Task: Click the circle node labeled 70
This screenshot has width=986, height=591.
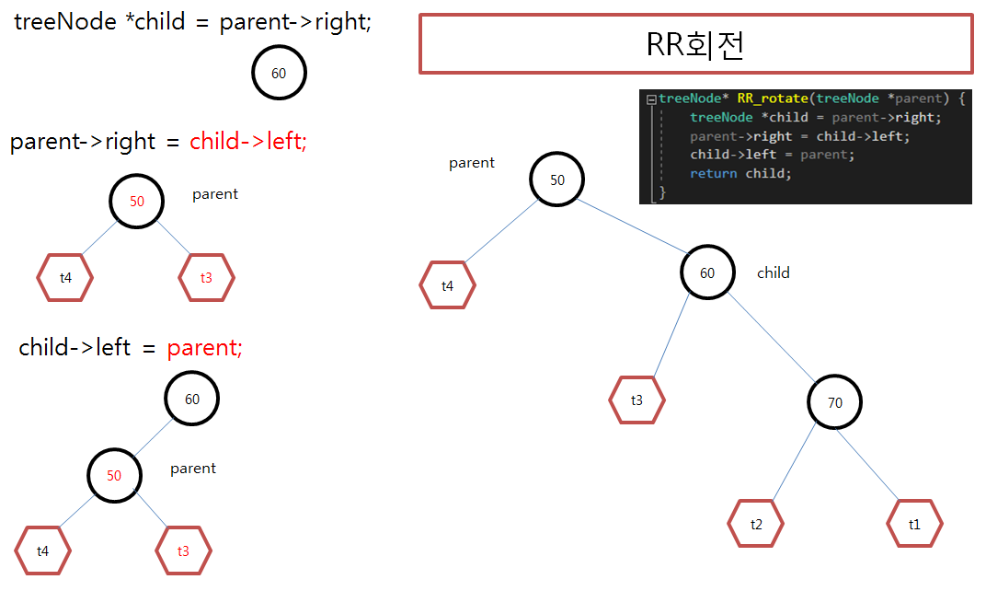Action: coord(835,402)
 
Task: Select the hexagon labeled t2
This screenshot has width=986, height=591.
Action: coord(756,524)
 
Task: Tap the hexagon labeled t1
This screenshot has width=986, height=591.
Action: coord(914,524)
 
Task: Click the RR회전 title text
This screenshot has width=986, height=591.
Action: coord(694,44)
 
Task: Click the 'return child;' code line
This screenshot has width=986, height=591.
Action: coord(740,173)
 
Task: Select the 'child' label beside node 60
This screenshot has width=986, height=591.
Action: coord(773,272)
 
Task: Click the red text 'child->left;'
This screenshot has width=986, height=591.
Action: coord(247,141)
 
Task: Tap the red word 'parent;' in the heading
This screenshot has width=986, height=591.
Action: coord(204,347)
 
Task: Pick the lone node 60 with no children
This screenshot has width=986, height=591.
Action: coord(279,74)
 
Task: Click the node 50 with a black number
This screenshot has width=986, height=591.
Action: coord(557,180)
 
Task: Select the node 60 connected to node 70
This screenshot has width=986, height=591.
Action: coord(707,272)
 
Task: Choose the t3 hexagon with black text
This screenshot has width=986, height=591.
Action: coord(636,400)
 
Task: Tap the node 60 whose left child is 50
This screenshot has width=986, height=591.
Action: coord(192,399)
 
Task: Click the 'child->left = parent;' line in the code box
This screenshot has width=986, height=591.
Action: coord(772,155)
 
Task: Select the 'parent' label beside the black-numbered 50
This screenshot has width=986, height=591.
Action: coord(472,163)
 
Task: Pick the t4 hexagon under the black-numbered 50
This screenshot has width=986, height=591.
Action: coord(447,286)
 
